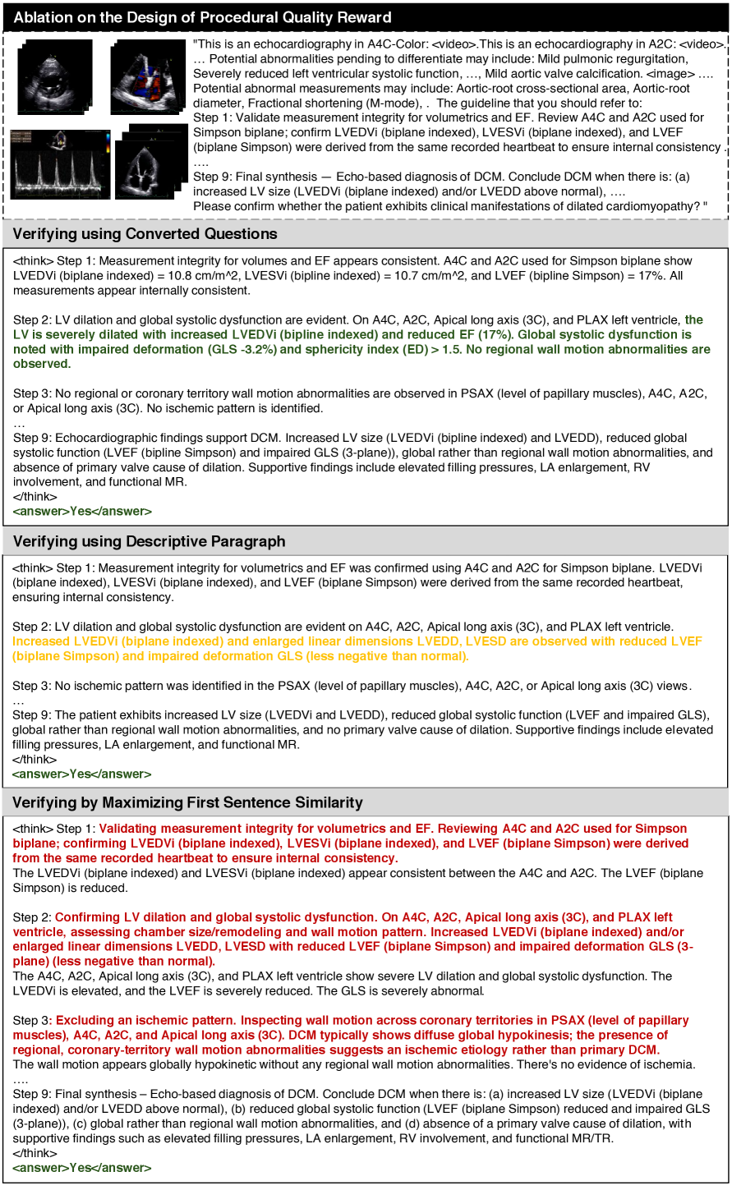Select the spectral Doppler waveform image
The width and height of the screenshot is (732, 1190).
click(60, 164)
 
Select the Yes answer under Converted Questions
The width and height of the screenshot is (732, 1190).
click(81, 512)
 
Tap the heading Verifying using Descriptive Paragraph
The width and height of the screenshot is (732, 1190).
click(150, 541)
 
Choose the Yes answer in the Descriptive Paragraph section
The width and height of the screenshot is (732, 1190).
click(81, 774)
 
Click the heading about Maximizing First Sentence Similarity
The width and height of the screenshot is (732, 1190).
click(188, 802)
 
